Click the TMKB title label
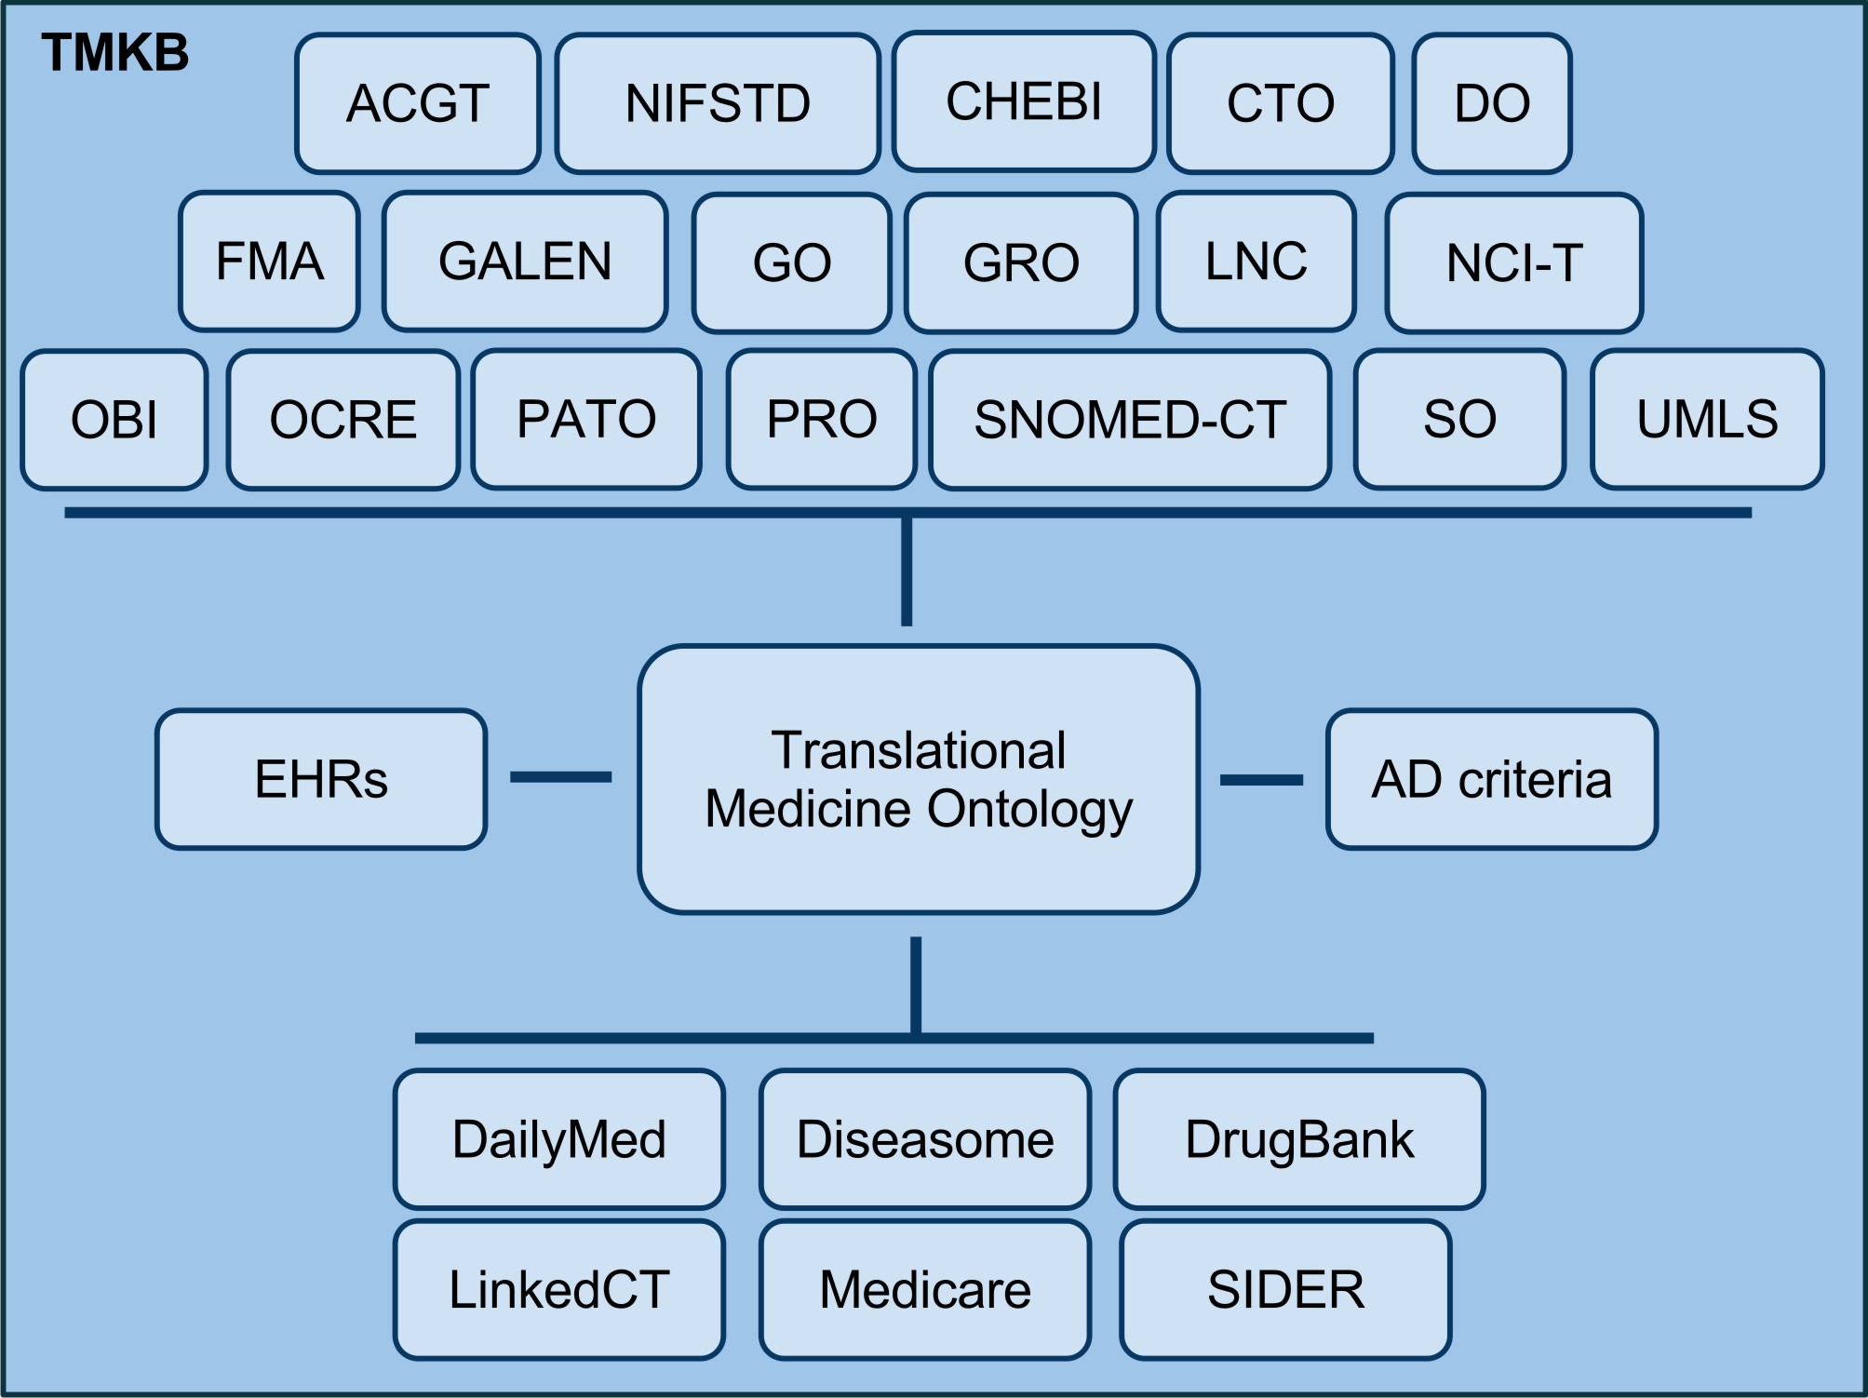coord(114,53)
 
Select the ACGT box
coord(417,103)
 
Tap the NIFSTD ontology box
coord(717,103)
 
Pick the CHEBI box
coord(1023,101)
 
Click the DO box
coord(1491,103)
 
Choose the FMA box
coord(269,262)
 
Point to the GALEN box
coord(525,262)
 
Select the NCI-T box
coord(1513,262)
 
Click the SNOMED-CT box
coord(1129,420)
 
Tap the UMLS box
coord(1706,420)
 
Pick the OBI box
coord(114,420)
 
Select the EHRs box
coord(321,779)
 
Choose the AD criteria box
coord(1491,779)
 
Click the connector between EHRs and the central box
coord(560,776)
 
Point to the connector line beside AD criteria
coord(1261,780)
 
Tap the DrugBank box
coord(1298,1139)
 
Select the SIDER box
coord(1285,1290)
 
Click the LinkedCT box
coord(558,1290)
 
